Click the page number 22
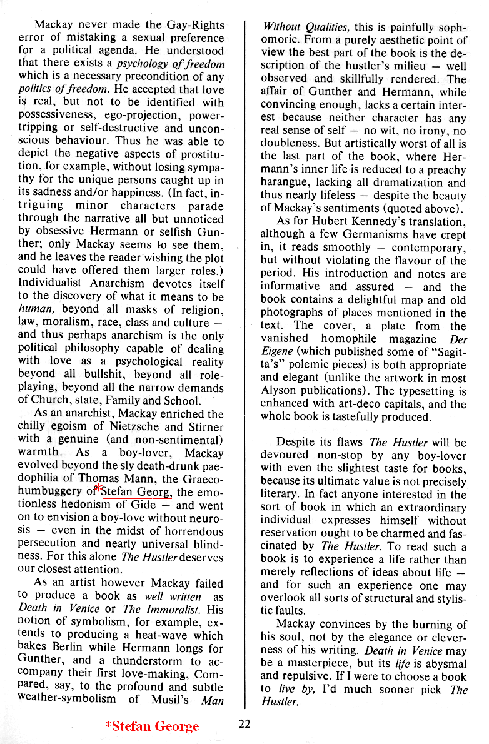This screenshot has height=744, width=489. [245, 724]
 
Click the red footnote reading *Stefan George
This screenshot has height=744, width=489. [152, 726]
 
